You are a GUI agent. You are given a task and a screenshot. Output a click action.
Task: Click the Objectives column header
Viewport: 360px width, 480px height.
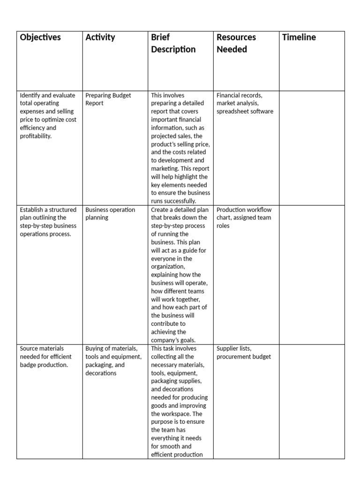[40, 37]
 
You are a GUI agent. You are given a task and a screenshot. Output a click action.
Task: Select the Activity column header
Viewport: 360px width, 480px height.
[100, 37]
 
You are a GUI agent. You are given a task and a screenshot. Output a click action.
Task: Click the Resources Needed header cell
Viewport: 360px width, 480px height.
[236, 43]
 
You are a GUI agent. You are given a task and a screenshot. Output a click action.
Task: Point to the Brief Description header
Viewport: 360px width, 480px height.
[173, 43]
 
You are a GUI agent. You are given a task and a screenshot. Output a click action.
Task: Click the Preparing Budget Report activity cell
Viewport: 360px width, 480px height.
[108, 99]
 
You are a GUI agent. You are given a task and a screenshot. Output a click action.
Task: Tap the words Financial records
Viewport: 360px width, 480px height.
[239, 95]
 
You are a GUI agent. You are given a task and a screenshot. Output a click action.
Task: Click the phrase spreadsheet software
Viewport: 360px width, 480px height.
[245, 112]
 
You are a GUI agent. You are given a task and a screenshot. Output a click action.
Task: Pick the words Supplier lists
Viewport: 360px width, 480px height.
[234, 348]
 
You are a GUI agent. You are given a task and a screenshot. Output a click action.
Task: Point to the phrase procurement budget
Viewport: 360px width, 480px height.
[244, 357]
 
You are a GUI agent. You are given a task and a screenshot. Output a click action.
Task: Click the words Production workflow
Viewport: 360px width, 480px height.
[244, 210]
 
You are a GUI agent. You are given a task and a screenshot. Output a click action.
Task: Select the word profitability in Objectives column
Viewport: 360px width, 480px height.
[36, 136]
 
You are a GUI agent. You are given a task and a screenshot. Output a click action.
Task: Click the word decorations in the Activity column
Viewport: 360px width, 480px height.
[101, 373]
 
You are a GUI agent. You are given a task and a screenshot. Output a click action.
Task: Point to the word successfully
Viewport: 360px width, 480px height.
[177, 201]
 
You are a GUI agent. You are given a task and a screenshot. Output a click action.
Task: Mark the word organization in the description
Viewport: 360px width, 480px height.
[168, 267]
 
